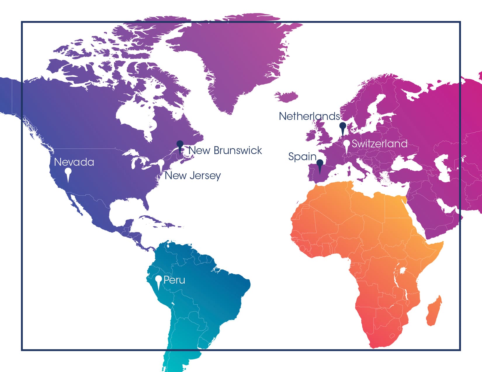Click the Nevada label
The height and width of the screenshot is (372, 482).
coord(74,162)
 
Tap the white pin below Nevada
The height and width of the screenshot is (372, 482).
coord(68,172)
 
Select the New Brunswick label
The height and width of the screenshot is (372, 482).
coord(225,150)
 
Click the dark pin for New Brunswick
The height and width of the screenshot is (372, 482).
coord(180,144)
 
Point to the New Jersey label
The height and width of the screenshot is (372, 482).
coord(193,175)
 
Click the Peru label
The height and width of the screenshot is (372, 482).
coord(174,280)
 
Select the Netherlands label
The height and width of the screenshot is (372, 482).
coord(309,116)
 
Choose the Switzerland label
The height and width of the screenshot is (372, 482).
coord(379,144)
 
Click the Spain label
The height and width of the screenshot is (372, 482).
coord(302,156)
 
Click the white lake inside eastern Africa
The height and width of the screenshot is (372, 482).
coord(403,270)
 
